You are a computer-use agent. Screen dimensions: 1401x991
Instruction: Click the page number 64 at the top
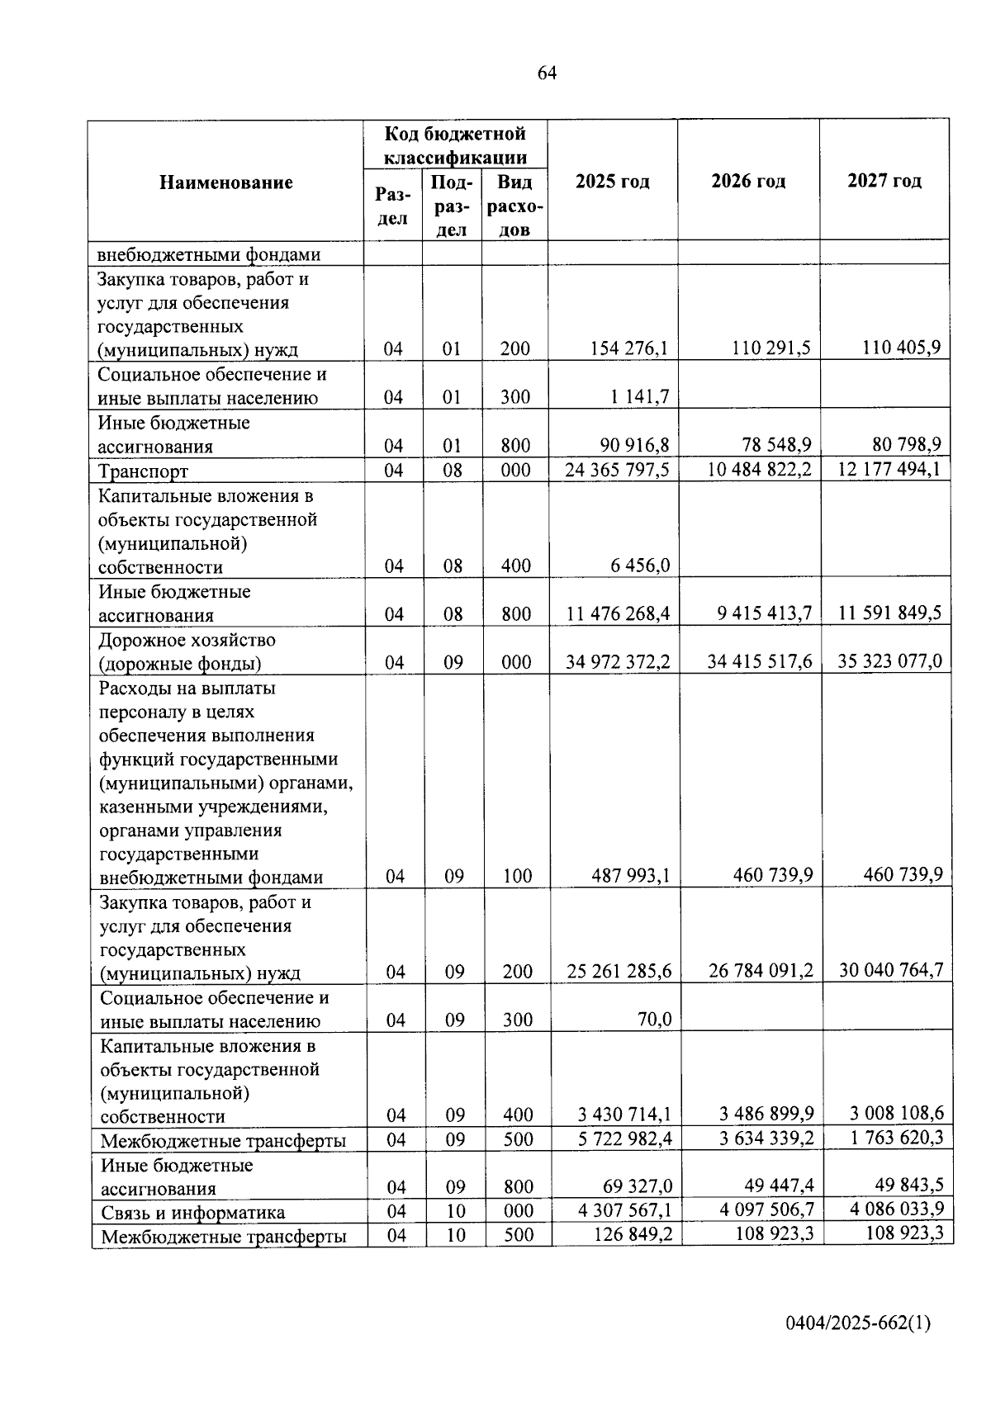pos(547,73)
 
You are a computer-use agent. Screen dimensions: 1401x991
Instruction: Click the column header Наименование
pos(225,182)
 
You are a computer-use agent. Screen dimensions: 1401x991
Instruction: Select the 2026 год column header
pos(748,181)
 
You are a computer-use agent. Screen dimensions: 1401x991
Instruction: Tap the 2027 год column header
pos(884,181)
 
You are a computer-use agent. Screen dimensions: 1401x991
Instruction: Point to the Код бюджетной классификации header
pos(455,144)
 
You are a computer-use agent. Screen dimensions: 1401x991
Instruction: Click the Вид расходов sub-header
pos(514,206)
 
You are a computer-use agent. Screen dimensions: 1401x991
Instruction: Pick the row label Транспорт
pos(144,471)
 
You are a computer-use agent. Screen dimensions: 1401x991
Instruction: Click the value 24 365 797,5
pos(617,470)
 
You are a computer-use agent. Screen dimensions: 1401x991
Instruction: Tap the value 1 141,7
pos(641,397)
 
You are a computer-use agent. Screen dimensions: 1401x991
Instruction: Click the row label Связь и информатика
pos(193,1212)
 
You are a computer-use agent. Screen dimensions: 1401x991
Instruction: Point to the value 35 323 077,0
pos(889,661)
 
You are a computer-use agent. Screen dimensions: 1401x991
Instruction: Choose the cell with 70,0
pos(654,1020)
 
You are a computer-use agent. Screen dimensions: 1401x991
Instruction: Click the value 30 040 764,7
pos(891,971)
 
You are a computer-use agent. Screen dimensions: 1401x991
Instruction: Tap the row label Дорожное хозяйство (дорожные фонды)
pos(187,651)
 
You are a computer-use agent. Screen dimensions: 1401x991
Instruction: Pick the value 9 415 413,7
pos(761,613)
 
